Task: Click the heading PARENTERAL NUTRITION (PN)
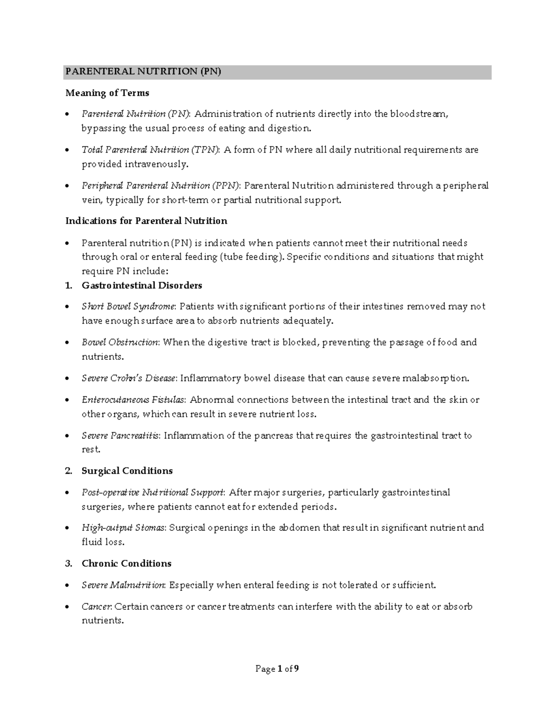point(143,72)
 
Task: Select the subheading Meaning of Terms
point(107,93)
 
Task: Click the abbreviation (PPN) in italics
point(226,186)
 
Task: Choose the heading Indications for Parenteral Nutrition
point(146,221)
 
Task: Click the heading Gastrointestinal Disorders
point(142,286)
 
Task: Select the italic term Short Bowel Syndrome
point(129,307)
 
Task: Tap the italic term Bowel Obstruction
point(120,343)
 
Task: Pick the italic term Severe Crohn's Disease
point(129,379)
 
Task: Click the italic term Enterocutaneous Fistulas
point(133,400)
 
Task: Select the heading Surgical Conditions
point(127,471)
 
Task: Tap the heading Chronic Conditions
point(126,564)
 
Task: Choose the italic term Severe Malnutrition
point(123,585)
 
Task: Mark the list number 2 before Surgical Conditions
point(68,471)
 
